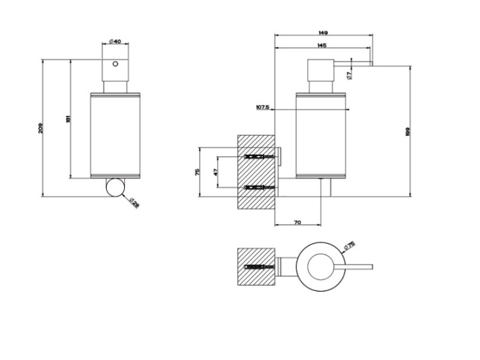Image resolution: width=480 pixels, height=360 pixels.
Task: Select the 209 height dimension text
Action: tap(40, 128)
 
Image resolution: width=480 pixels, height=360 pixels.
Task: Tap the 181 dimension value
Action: tap(67, 119)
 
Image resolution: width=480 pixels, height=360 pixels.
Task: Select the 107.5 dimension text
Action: tap(262, 107)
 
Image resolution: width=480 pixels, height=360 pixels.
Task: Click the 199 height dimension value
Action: tap(408, 131)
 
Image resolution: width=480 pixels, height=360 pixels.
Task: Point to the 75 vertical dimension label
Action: tap(198, 173)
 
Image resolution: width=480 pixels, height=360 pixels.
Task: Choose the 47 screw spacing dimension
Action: tap(216, 172)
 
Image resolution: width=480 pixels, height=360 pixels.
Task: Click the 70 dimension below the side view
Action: tap(297, 222)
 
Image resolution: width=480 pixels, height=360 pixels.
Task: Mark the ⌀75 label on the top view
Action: tap(349, 246)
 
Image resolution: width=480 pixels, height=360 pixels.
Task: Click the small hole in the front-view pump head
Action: tap(116, 65)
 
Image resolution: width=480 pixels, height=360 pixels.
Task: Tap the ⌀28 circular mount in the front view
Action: tap(116, 189)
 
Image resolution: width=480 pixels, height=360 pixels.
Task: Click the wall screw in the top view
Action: tap(257, 267)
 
